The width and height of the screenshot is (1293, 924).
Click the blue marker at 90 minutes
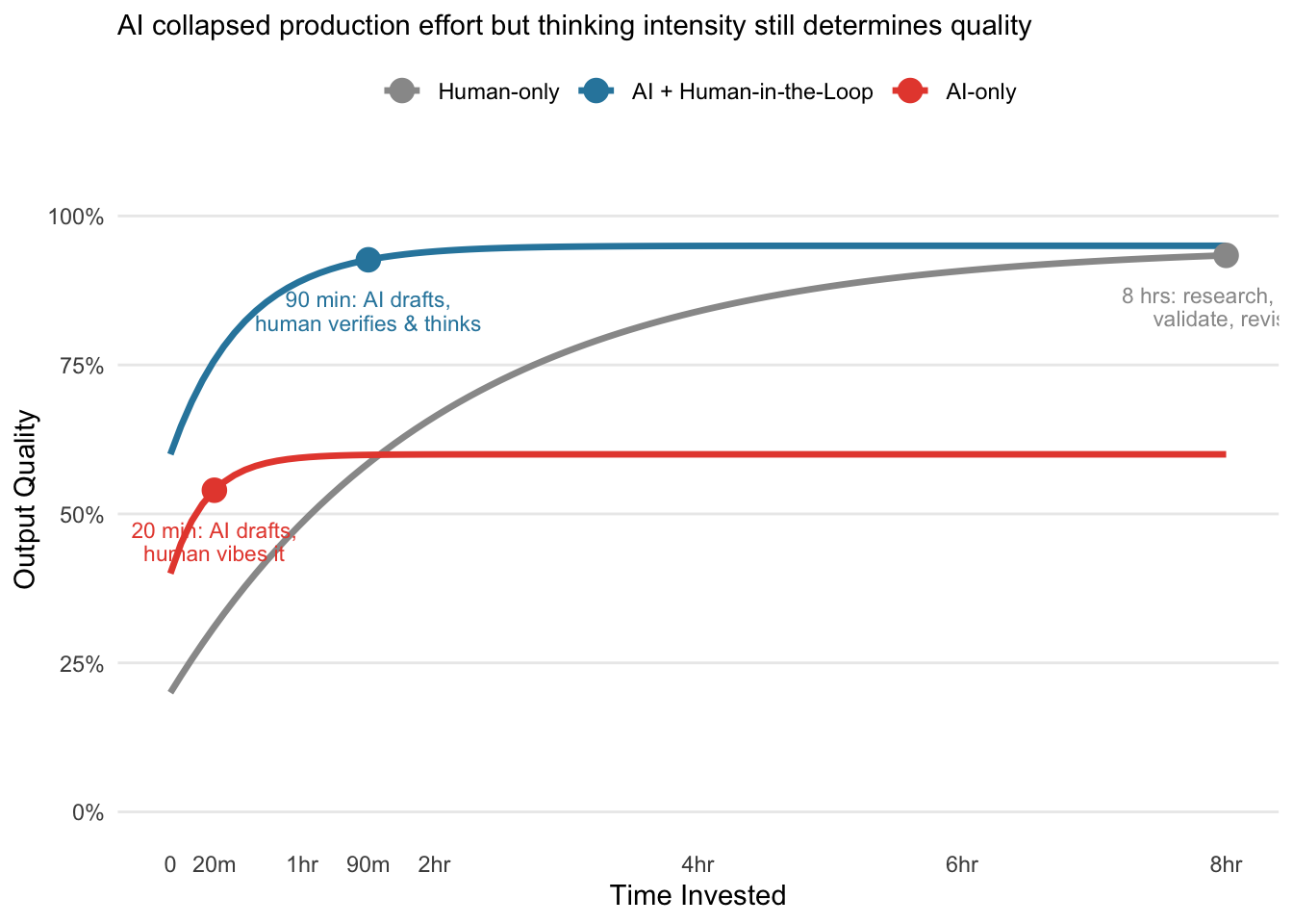(x=368, y=259)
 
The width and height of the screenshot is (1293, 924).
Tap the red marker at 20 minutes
(x=215, y=490)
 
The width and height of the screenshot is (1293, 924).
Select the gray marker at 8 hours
(x=1226, y=255)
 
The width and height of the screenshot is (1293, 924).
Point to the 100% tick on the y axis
(x=76, y=217)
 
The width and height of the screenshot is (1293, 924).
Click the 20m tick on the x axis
(x=215, y=865)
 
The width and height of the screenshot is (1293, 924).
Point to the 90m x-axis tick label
(x=368, y=865)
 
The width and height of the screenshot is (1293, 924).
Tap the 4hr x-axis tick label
(x=697, y=865)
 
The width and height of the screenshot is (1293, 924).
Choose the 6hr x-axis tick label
(x=962, y=865)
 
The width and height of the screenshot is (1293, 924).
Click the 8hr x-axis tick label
(x=1226, y=865)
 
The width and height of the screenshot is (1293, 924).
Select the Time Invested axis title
(x=697, y=896)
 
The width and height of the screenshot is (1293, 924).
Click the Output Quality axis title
(x=26, y=500)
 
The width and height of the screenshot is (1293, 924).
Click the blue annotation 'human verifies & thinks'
(x=368, y=324)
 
